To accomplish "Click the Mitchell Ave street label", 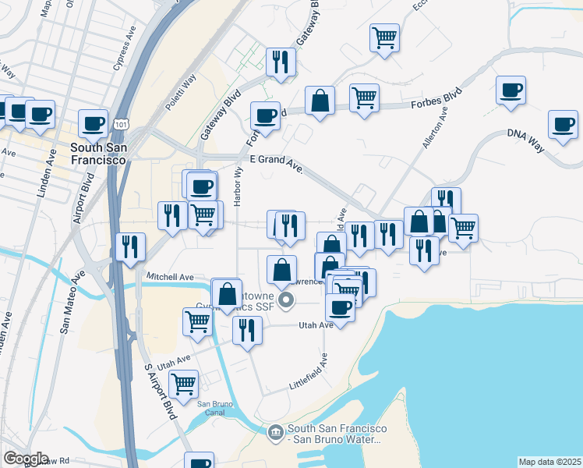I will pos(170,277).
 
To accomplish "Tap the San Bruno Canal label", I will pos(215,408).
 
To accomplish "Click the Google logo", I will pos(26,459).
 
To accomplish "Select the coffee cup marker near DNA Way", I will pos(562,124).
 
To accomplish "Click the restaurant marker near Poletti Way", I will pos(280,62).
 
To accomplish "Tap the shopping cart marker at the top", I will pos(385,37).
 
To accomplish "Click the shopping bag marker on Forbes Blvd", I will pos(320,101).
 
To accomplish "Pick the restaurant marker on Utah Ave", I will pos(246,330).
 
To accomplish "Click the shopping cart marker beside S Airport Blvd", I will pos(183,383).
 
